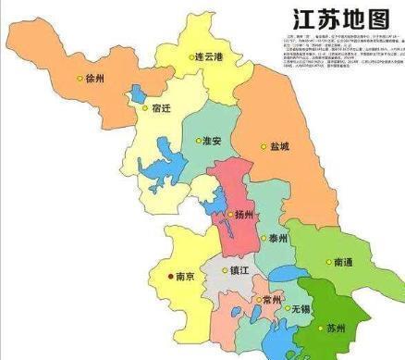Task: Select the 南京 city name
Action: [x=184, y=275]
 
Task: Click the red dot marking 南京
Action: [x=168, y=275]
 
